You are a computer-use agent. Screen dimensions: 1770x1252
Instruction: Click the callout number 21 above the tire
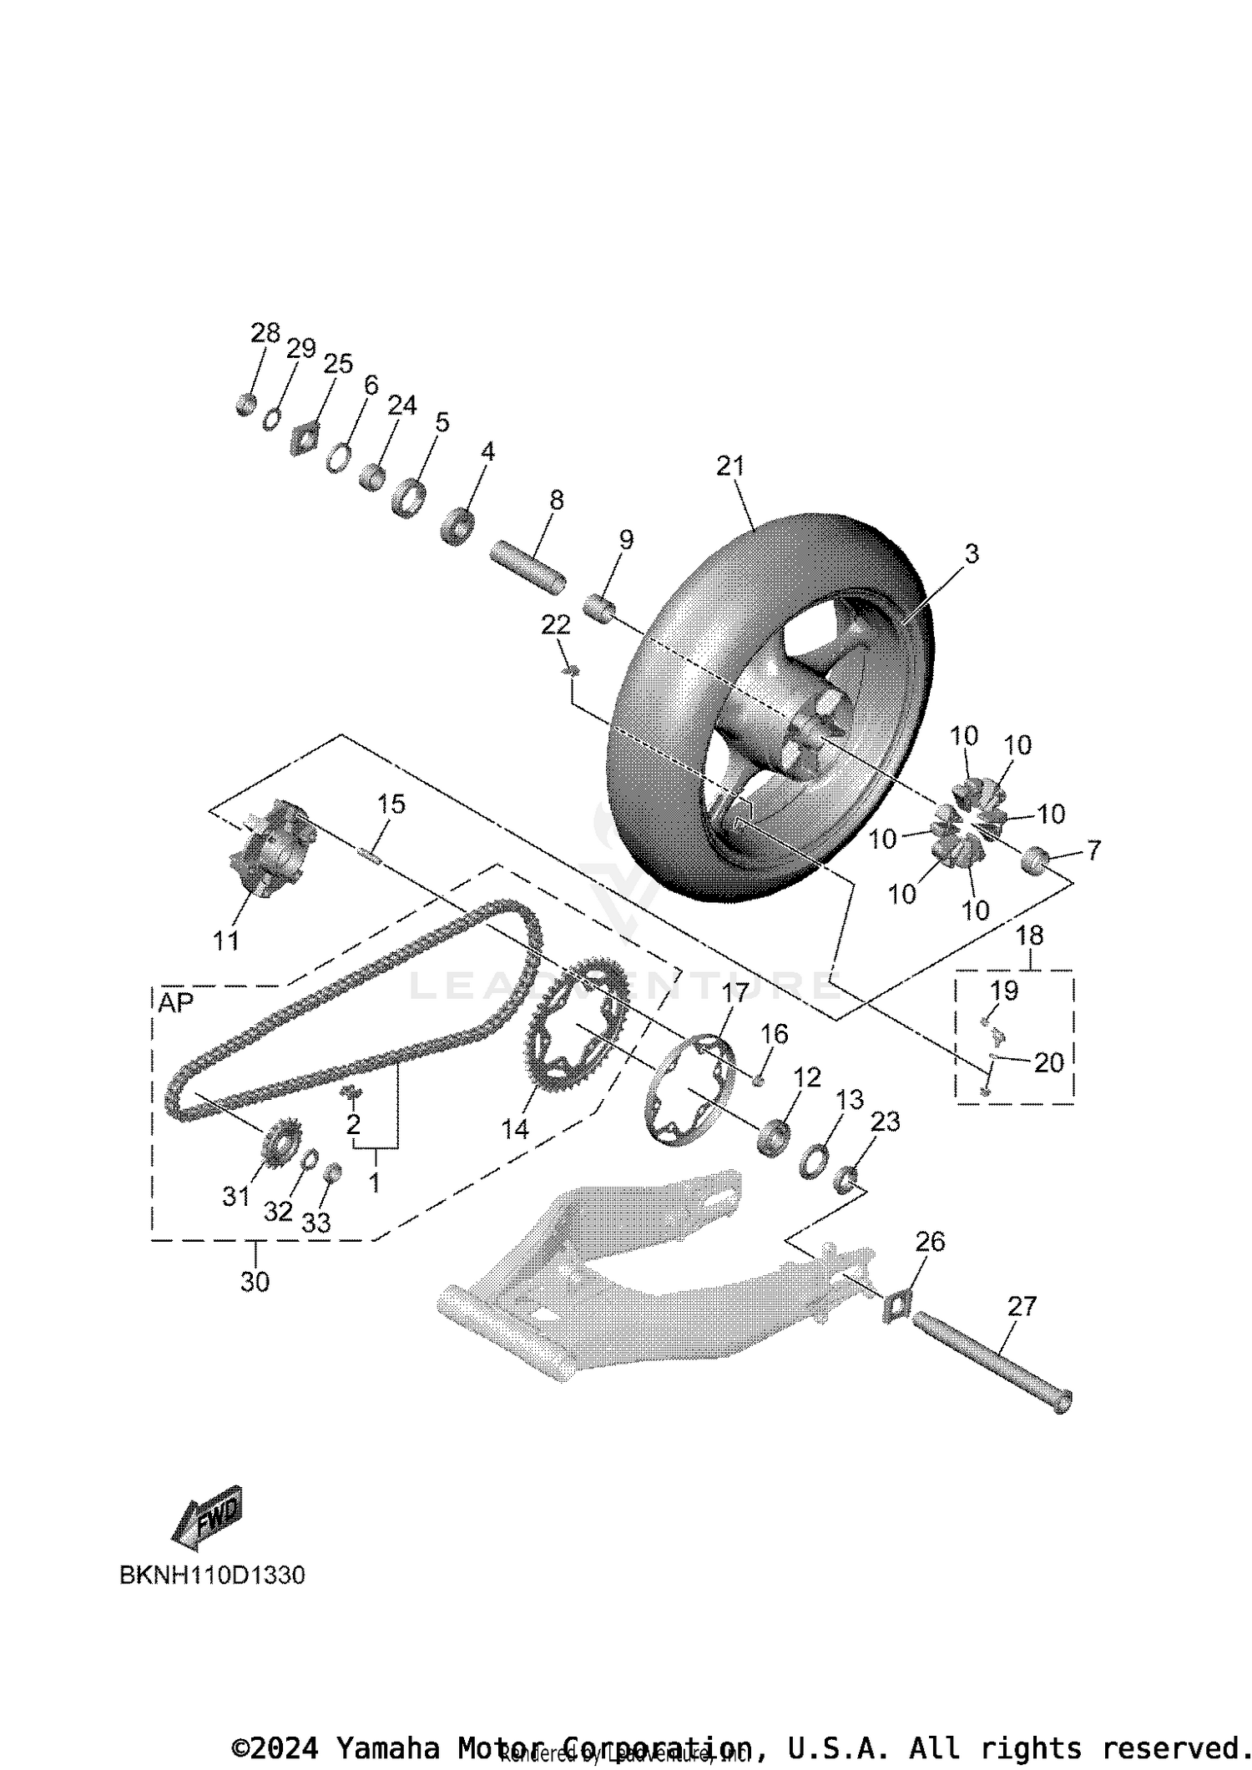pyautogui.click(x=729, y=466)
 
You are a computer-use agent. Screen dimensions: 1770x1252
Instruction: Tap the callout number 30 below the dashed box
pyautogui.click(x=255, y=1281)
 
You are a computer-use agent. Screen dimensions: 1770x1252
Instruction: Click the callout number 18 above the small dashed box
pyautogui.click(x=1029, y=935)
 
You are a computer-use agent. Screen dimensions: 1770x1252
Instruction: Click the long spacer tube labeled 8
pyautogui.click(x=528, y=568)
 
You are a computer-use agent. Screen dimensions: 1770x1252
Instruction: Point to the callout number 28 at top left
pyautogui.click(x=265, y=333)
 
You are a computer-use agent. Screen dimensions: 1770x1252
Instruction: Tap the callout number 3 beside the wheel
pyautogui.click(x=971, y=553)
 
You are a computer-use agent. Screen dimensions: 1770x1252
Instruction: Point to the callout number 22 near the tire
pyautogui.click(x=555, y=624)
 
